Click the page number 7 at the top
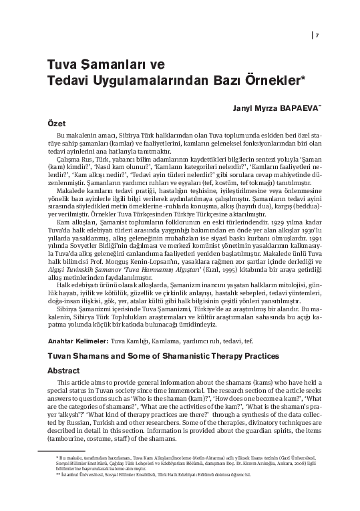(x=317, y=35)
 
